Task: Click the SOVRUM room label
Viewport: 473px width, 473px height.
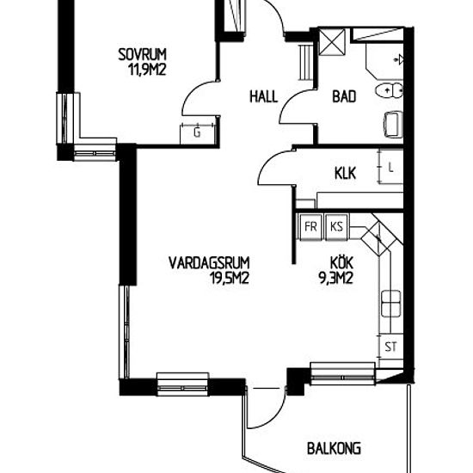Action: coord(142,54)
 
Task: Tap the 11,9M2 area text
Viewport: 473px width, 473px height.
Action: coord(148,70)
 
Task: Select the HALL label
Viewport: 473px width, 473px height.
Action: coord(264,97)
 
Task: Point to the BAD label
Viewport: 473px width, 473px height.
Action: coord(344,96)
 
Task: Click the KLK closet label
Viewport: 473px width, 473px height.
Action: coord(345,174)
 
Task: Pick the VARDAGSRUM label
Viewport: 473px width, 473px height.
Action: coord(209,263)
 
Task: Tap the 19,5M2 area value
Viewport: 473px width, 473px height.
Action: coord(230,278)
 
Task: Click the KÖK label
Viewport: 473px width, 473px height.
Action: coord(341,262)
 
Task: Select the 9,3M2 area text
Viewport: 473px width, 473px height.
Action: coord(335,278)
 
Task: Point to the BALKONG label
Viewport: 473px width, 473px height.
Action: coord(334,448)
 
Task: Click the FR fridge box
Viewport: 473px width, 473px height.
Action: coord(310,226)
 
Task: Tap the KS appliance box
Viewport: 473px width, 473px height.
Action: coord(336,226)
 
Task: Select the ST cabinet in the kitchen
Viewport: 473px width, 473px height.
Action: coord(391,347)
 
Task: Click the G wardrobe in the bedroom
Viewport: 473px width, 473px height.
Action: coord(198,133)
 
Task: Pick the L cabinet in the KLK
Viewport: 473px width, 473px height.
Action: coord(390,167)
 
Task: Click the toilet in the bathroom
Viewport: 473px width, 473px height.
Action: coord(389,90)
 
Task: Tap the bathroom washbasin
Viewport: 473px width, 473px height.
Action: coord(393,124)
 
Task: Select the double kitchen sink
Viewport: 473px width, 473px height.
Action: coord(391,304)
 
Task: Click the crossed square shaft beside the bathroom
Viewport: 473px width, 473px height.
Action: coord(332,42)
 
